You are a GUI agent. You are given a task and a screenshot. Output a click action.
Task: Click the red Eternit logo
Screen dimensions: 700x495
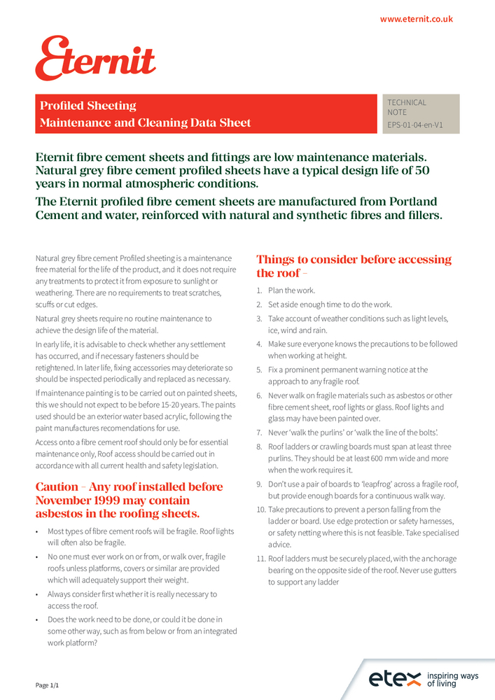(x=95, y=59)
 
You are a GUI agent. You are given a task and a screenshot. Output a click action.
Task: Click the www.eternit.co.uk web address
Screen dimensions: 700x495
(x=417, y=19)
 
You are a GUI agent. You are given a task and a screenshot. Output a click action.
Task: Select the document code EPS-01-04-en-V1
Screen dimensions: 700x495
(x=415, y=125)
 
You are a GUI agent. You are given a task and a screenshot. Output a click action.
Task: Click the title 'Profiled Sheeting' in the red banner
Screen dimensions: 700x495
(x=88, y=106)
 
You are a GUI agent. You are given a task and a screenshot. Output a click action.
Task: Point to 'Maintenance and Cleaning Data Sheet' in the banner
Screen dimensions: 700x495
(x=145, y=123)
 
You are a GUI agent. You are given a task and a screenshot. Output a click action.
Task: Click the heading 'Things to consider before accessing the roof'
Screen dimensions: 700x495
(x=354, y=266)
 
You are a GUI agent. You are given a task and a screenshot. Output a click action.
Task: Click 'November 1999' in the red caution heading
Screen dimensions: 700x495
(x=76, y=501)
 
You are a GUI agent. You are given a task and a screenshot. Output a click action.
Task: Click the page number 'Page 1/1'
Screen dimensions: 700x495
(x=48, y=685)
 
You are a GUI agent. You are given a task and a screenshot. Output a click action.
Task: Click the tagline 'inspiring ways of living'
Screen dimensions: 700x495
(x=453, y=678)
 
